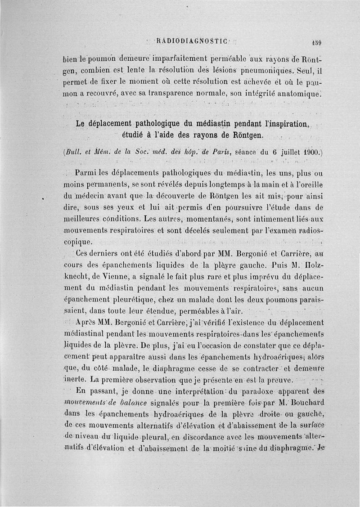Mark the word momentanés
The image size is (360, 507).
(x=198, y=219)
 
